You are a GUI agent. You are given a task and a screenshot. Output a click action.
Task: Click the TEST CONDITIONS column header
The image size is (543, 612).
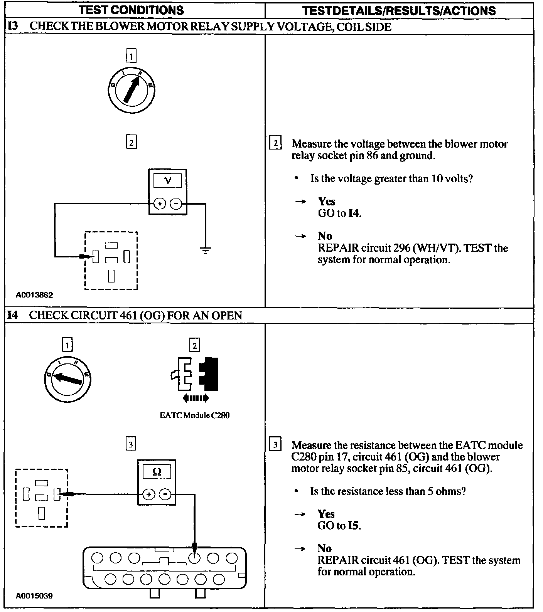coord(131,10)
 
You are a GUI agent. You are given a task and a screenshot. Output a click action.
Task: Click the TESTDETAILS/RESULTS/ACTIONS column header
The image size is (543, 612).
coord(399,10)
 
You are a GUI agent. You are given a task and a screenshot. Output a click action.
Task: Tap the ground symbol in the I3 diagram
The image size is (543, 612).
coord(206,251)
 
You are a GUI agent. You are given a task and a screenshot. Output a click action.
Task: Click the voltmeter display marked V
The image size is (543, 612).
coord(168,180)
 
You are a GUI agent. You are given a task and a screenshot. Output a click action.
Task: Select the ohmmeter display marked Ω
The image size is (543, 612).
coord(157,471)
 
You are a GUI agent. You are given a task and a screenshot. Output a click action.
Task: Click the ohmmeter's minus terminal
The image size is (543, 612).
coord(165,494)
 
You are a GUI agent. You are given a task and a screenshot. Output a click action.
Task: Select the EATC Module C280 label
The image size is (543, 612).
coord(195,415)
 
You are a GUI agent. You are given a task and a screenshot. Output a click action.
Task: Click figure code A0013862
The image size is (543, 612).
coord(34,295)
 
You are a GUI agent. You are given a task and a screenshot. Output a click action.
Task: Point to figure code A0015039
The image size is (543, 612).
coord(34,596)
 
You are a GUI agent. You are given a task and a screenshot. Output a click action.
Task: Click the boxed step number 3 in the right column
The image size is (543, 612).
coord(275,445)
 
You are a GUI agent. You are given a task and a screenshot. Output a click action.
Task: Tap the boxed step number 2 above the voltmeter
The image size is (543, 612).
coord(131,143)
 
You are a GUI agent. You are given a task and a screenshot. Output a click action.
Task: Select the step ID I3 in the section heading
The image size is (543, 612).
coord(13,26)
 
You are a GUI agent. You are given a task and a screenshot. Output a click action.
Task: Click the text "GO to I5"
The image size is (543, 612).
coord(339,526)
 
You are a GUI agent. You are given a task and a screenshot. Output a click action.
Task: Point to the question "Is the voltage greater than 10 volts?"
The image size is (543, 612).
coord(391,179)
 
